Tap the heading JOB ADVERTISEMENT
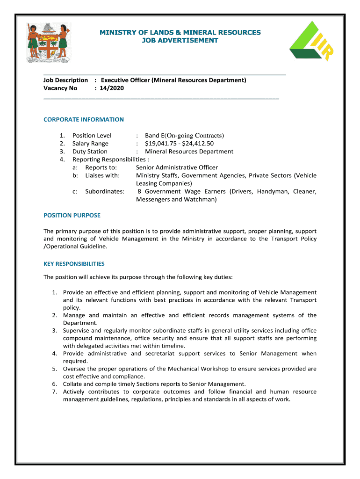pyautogui.click(x=180, y=41)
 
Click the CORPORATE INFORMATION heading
pyautogui.click(x=84, y=120)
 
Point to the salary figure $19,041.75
pyautogui.click(x=162, y=144)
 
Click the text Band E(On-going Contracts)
pyautogui.click(x=185, y=136)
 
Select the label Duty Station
pyautogui.click(x=90, y=152)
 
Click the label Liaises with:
pyautogui.click(x=102, y=175)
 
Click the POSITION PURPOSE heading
pyautogui.click(x=72, y=216)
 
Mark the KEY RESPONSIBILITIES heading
pyautogui.click(x=74, y=264)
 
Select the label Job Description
pyautogui.click(x=65, y=80)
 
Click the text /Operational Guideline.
pyautogui.click(x=75, y=247)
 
